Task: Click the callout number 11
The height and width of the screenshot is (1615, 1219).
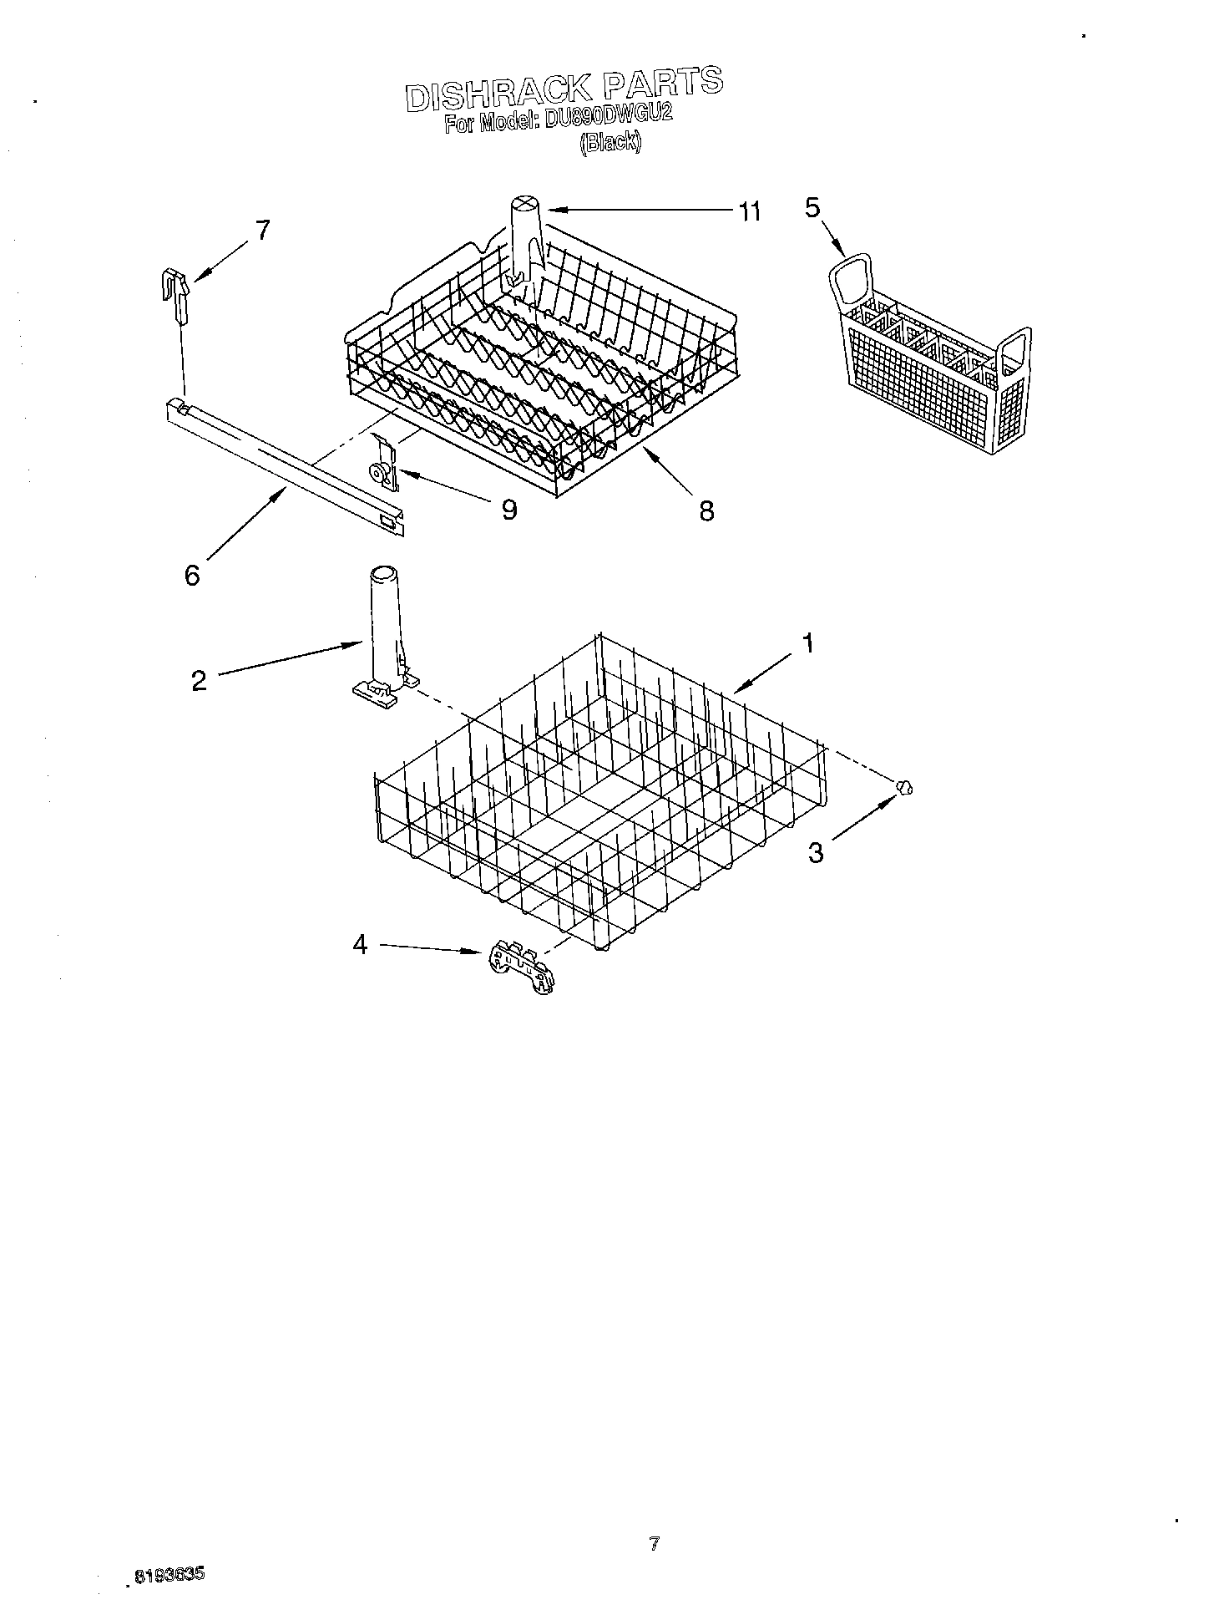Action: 749,212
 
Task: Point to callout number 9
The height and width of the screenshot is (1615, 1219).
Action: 508,509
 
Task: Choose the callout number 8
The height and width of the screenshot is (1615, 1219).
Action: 706,510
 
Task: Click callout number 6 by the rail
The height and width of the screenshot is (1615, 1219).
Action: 192,575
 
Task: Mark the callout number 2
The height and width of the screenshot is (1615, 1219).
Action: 199,680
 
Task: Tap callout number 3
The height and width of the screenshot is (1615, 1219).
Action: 816,853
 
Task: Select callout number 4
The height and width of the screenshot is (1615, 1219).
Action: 360,945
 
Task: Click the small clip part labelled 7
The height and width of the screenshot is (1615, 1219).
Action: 175,295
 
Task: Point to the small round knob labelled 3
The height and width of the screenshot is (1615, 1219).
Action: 903,785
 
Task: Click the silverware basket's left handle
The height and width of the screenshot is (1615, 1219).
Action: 849,281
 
